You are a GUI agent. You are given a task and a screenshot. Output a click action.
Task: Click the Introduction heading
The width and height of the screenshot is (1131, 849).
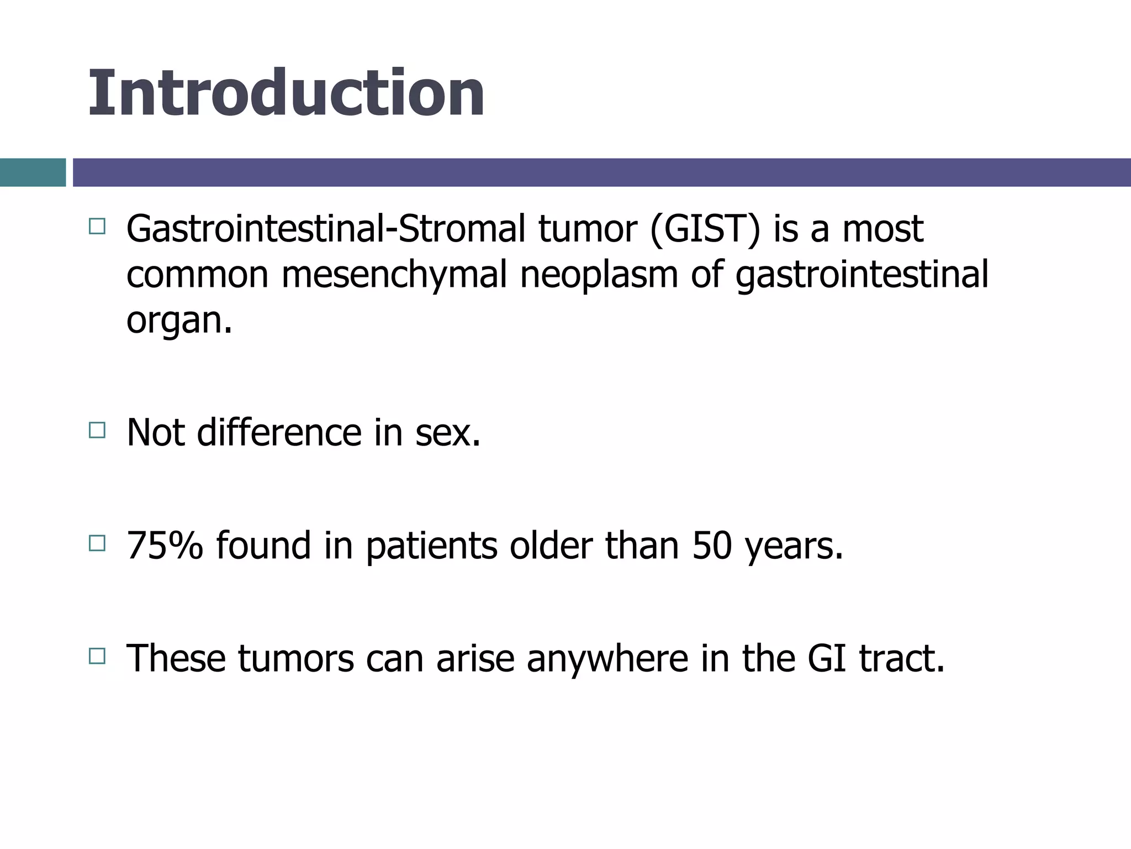(x=286, y=93)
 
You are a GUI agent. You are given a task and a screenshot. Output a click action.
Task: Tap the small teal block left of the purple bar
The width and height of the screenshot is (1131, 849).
(x=33, y=172)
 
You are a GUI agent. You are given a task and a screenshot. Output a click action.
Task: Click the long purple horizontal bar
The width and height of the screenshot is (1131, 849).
(x=601, y=172)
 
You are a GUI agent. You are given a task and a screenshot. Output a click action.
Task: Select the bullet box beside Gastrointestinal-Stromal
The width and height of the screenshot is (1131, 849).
(x=97, y=227)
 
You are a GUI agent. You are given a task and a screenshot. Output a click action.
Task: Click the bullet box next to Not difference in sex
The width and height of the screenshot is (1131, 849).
(x=97, y=430)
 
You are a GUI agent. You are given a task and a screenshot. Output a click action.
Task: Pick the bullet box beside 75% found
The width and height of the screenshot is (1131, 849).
(x=97, y=543)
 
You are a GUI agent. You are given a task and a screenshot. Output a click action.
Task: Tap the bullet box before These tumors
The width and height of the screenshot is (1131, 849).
(x=97, y=657)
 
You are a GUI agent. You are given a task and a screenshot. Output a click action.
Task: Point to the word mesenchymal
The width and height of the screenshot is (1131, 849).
(x=394, y=275)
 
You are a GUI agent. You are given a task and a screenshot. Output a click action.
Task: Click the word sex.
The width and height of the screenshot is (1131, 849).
(x=447, y=432)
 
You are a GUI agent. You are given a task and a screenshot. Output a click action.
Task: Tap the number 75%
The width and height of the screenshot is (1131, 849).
(x=165, y=546)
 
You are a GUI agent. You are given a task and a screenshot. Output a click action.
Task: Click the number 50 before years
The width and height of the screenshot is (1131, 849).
(x=712, y=546)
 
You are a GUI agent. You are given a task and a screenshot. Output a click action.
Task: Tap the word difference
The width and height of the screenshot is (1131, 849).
(x=279, y=432)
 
